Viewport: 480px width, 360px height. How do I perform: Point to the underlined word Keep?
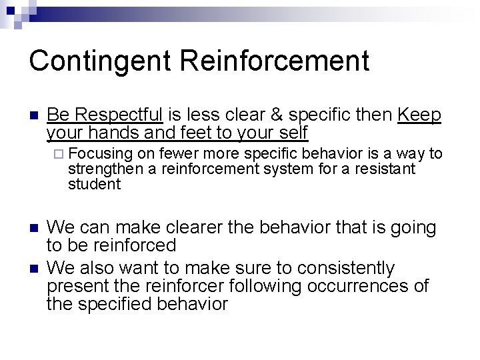click(x=419, y=115)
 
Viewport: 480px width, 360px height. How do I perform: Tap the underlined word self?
click(x=290, y=133)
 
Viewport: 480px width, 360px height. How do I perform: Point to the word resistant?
click(x=381, y=169)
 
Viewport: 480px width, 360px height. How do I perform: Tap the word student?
click(x=94, y=185)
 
